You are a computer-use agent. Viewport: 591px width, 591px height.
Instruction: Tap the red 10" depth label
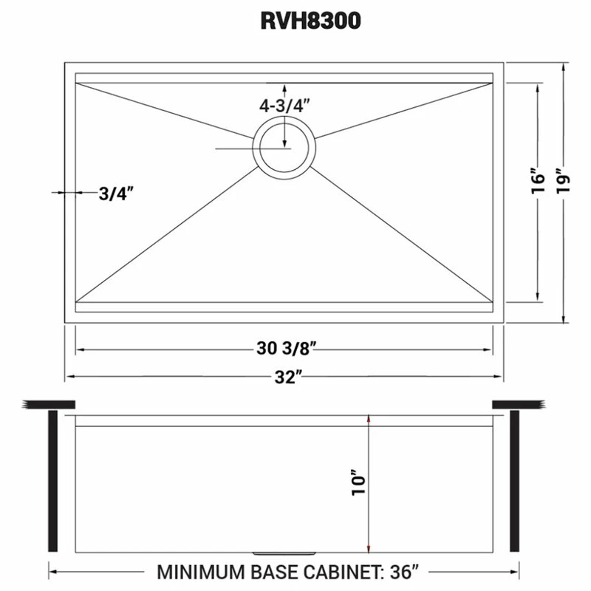click(x=360, y=482)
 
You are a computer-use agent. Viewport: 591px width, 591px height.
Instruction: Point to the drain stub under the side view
click(x=284, y=553)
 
